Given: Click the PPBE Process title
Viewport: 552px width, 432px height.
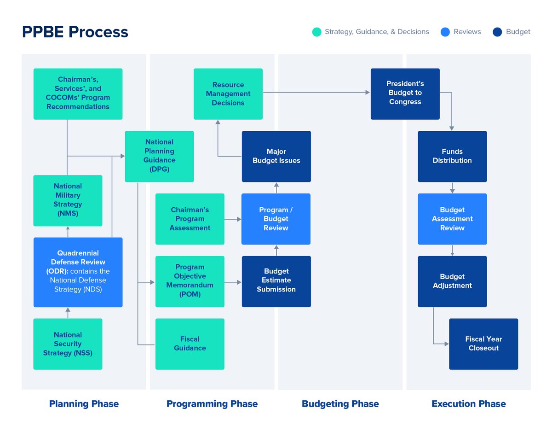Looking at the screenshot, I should point(75,32).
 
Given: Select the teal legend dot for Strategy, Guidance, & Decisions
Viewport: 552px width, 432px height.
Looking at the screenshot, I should point(316,32).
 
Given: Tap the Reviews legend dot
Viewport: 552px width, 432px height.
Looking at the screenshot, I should point(445,32).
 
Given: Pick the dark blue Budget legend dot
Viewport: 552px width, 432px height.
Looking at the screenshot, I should point(497,32).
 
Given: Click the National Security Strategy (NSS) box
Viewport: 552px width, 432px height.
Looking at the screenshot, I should point(68,344).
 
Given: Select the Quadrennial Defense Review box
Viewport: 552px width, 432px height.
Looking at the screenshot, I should point(78,272).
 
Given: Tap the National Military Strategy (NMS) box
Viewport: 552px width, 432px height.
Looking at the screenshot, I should point(68,200).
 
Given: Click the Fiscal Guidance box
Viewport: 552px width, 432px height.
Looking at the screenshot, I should point(190,344).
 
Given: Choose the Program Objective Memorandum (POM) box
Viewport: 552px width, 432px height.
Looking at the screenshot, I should point(190,281).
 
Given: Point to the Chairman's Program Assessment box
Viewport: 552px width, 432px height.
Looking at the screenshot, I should point(190,219).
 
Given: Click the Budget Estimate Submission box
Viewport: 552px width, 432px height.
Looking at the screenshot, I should point(276,281).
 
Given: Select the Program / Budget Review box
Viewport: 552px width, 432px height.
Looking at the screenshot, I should point(276,219).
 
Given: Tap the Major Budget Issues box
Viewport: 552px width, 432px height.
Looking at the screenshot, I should point(276,156).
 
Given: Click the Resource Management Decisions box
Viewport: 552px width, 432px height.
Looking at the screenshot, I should point(228,94).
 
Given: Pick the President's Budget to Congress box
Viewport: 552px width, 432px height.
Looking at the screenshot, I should point(405,93).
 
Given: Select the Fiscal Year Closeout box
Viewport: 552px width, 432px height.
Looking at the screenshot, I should point(483,344).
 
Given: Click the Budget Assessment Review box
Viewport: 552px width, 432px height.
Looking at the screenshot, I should point(452,219).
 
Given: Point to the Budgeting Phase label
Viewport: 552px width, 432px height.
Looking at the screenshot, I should point(340,404).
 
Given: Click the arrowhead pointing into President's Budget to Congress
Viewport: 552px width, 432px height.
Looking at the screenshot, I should point(368,93).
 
